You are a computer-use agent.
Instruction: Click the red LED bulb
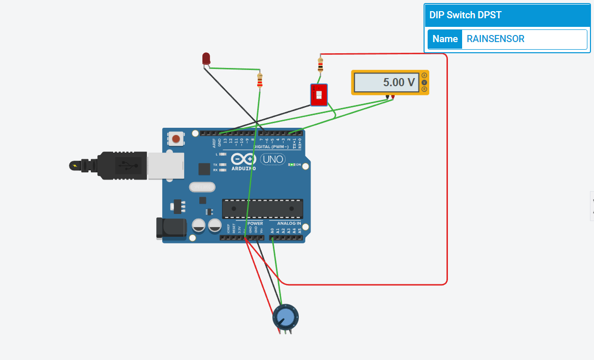point(206,58)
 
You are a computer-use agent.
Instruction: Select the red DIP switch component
point(319,95)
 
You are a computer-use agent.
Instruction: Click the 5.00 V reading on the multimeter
point(399,82)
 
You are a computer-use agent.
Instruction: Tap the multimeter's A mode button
point(425,76)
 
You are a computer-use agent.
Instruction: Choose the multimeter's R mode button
point(425,89)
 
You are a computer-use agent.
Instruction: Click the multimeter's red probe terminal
point(393,96)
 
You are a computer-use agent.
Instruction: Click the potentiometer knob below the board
point(286,317)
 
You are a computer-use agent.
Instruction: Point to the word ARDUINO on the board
point(243,168)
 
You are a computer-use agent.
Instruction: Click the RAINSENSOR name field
point(523,39)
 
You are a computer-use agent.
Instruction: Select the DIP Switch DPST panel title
point(466,15)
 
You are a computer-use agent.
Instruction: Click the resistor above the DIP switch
point(320,65)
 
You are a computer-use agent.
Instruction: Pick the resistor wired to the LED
point(260,80)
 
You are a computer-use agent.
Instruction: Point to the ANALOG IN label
point(289,224)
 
